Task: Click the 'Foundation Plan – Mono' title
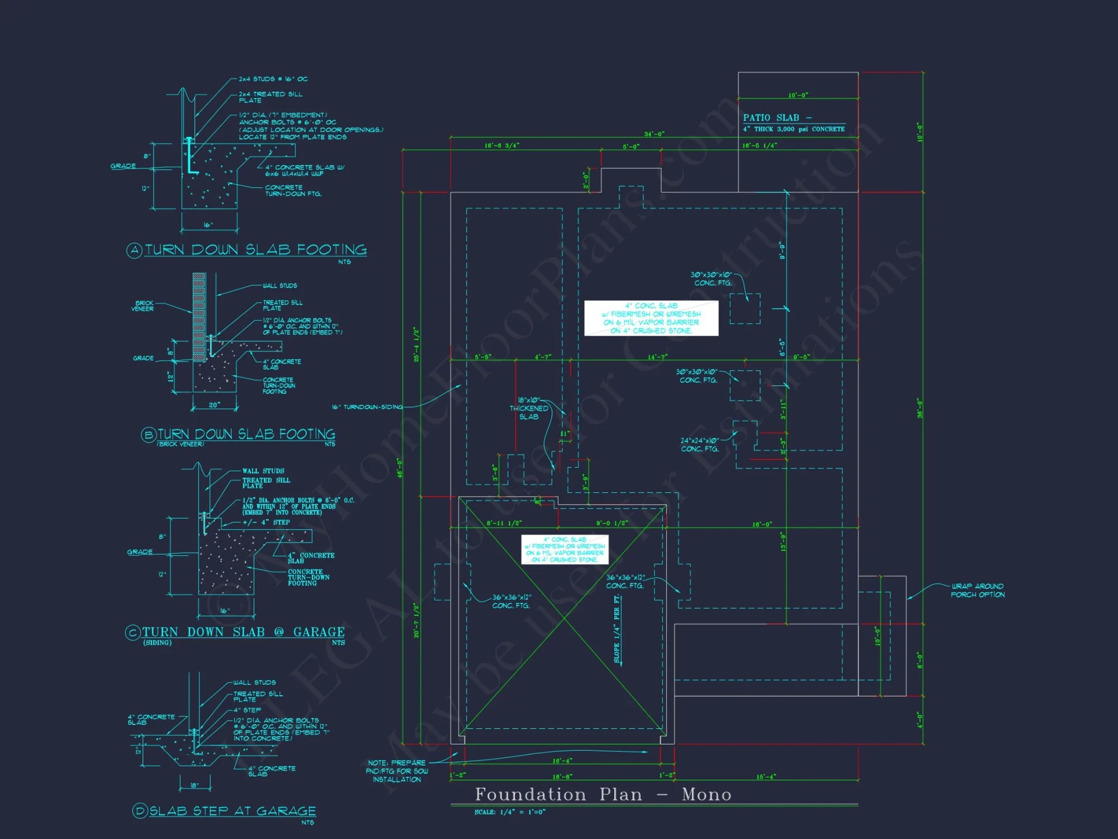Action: pyautogui.click(x=603, y=794)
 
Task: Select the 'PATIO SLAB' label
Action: pyautogui.click(x=771, y=118)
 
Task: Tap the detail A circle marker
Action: pyautogui.click(x=134, y=251)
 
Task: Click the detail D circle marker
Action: pyautogui.click(x=140, y=810)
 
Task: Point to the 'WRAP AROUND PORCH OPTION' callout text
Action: pyautogui.click(x=978, y=591)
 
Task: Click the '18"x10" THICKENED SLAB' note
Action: pyautogui.click(x=529, y=408)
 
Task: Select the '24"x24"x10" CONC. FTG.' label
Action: pyautogui.click(x=700, y=445)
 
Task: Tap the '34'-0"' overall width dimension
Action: pyautogui.click(x=654, y=134)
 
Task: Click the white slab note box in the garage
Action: pyautogui.click(x=565, y=549)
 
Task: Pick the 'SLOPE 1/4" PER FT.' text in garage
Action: pyautogui.click(x=617, y=629)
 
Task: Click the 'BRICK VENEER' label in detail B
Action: pyautogui.click(x=143, y=306)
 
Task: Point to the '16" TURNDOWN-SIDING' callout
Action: pyautogui.click(x=367, y=407)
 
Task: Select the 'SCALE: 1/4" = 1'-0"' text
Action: pyautogui.click(x=510, y=812)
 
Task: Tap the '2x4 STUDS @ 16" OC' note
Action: pyautogui.click(x=273, y=79)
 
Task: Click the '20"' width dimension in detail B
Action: pyautogui.click(x=215, y=405)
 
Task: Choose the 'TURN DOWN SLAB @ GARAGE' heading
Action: pyautogui.click(x=243, y=632)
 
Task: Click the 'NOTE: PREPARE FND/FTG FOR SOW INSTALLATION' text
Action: pyautogui.click(x=397, y=771)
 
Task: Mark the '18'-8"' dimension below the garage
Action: pyautogui.click(x=562, y=777)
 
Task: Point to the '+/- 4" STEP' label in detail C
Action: pyautogui.click(x=266, y=522)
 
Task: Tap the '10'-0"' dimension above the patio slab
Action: pyautogui.click(x=798, y=96)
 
